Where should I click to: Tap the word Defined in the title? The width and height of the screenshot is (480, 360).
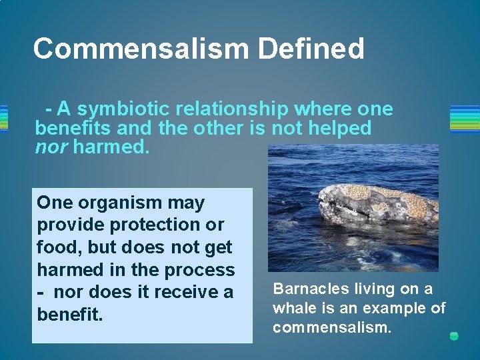[x=311, y=49]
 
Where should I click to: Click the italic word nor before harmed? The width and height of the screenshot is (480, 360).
[x=51, y=146]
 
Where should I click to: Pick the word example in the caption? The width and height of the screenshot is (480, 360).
[x=395, y=308]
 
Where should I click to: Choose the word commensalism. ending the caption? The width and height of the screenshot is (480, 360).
[x=331, y=327]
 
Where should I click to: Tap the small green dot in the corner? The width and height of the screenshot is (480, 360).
[x=454, y=336]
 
